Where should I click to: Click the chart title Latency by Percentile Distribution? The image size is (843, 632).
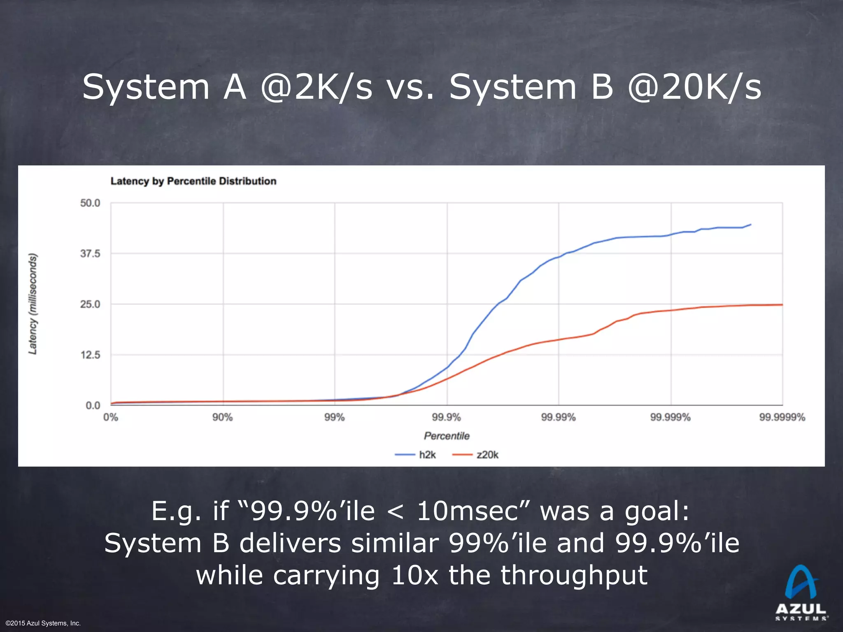pyautogui.click(x=193, y=181)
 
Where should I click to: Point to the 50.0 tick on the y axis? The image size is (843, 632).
pyautogui.click(x=90, y=203)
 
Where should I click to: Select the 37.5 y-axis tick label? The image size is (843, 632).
pyautogui.click(x=90, y=254)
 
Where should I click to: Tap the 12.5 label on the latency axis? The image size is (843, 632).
pyautogui.click(x=90, y=355)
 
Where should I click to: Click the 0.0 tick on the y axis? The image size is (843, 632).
pyautogui.click(x=93, y=406)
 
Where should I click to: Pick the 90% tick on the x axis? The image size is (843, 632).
pyautogui.click(x=223, y=418)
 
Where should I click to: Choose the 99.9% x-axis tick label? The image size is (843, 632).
pyautogui.click(x=447, y=418)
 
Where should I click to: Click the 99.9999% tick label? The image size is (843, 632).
pyautogui.click(x=782, y=418)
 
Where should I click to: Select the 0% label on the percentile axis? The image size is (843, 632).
pyautogui.click(x=111, y=418)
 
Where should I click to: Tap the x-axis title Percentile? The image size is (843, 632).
pyautogui.click(x=447, y=436)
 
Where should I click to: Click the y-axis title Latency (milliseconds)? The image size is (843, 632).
pyautogui.click(x=33, y=304)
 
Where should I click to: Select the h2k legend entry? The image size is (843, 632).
pyautogui.click(x=416, y=455)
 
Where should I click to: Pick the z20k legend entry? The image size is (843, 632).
pyautogui.click(x=476, y=455)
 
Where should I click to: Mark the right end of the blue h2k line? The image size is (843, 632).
pyautogui.click(x=751, y=225)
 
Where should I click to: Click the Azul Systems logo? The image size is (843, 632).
pyautogui.click(x=801, y=592)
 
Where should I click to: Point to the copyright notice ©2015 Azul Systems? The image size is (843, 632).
pyautogui.click(x=43, y=623)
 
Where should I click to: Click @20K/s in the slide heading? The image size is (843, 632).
pyautogui.click(x=694, y=87)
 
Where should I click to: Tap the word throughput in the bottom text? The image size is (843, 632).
pyautogui.click(x=574, y=575)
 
